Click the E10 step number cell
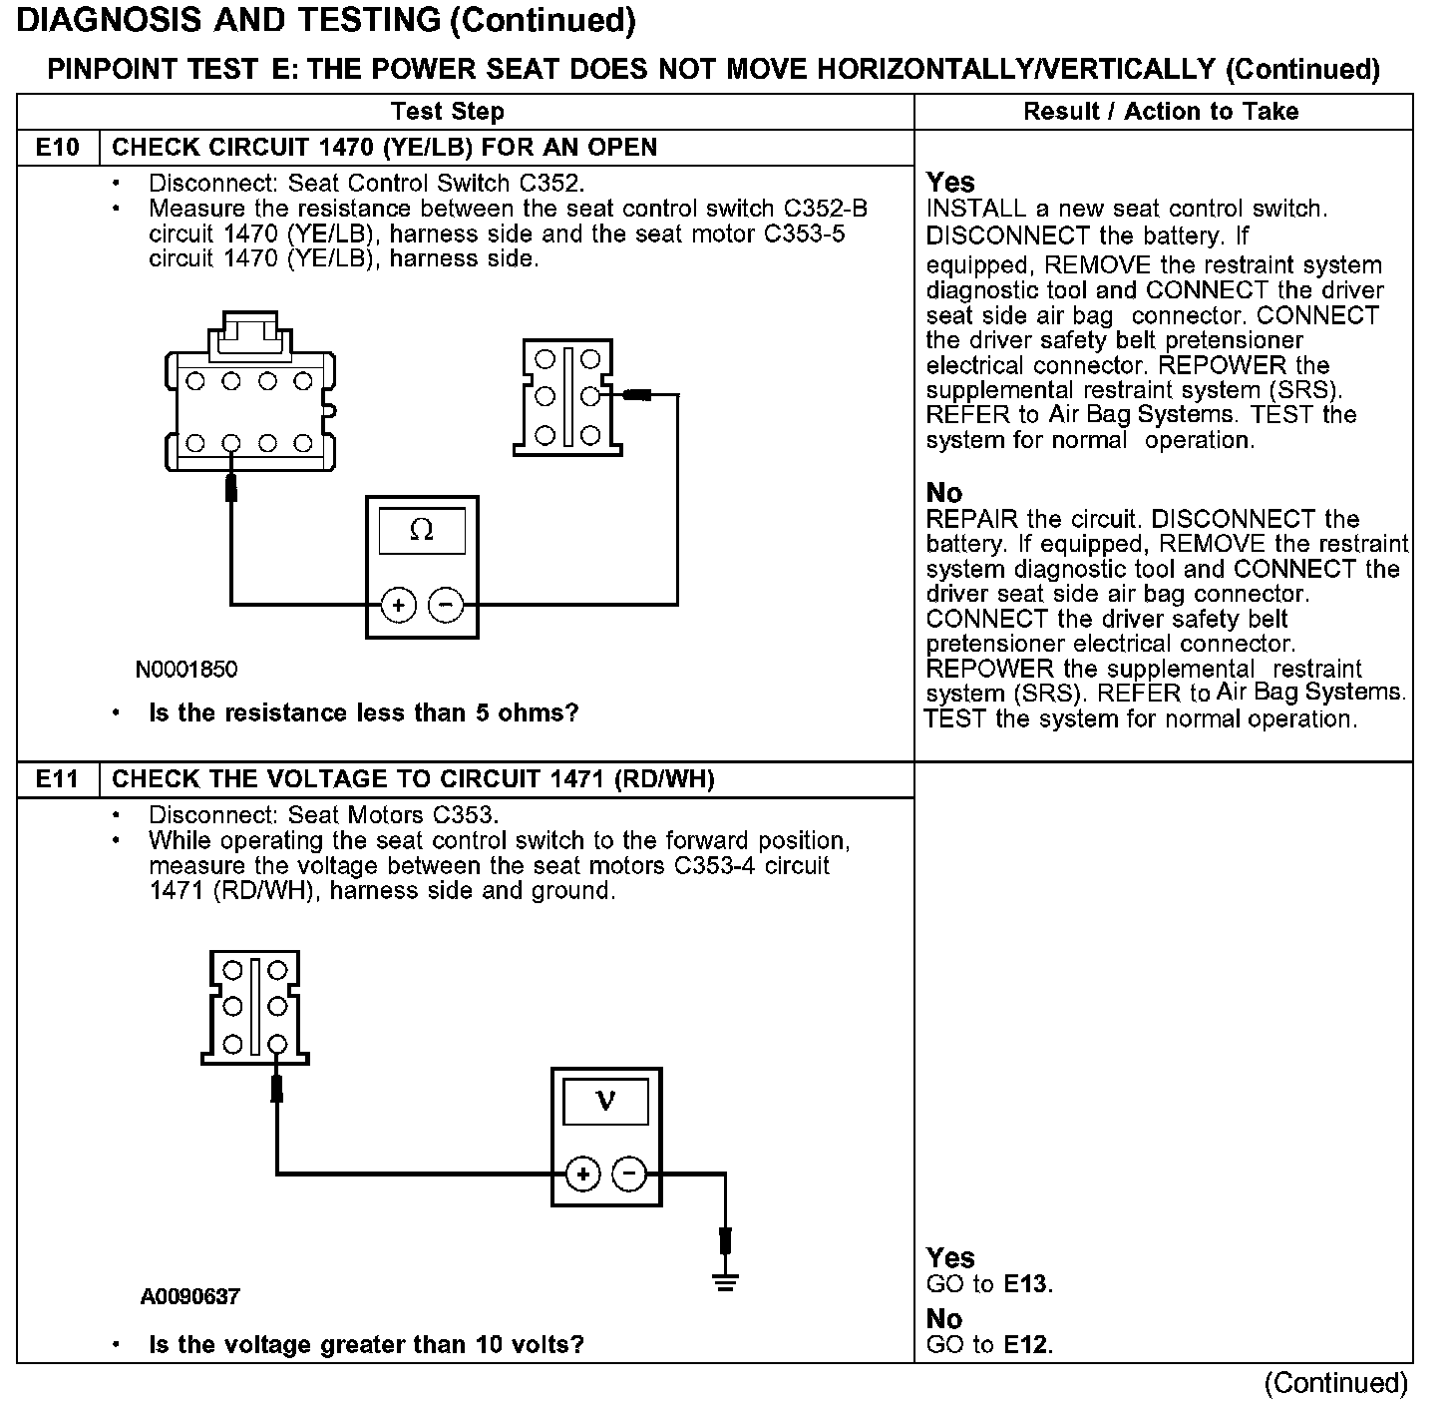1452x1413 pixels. coord(58,148)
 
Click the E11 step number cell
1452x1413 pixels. coord(58,779)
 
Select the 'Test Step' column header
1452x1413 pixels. coord(448,112)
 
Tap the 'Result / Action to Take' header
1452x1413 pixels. coord(1161,112)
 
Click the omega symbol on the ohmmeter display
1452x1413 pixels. coord(422,531)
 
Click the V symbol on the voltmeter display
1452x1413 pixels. coord(605,1101)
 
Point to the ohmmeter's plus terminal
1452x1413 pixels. coord(399,605)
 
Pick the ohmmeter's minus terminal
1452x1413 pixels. coord(446,605)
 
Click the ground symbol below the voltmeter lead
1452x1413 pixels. coord(726,1281)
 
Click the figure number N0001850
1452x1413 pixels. coord(186,669)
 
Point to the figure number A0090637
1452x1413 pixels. coord(190,1297)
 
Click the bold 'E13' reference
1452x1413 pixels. coord(1026,1284)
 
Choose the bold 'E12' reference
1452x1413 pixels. coord(1026,1345)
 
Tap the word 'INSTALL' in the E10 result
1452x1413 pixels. coord(975,210)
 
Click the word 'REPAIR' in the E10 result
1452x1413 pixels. coord(971,520)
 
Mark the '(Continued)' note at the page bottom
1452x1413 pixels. coord(1335,1383)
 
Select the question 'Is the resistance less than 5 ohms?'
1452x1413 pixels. coord(363,713)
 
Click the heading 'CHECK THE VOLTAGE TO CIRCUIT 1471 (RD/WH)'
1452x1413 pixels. coord(413,779)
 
